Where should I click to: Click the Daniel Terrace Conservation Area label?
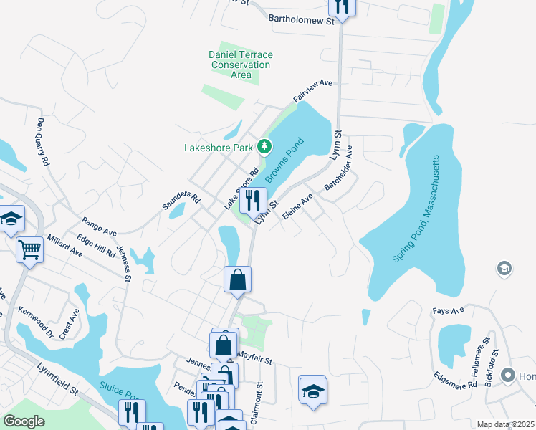pos(241,64)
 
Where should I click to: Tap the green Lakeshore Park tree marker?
pos(265,147)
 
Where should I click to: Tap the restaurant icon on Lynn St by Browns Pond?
pos(252,200)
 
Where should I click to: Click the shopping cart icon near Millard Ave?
pos(30,249)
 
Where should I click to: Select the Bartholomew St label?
pos(301,21)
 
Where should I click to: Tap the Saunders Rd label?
pos(180,199)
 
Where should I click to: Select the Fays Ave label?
pos(449,311)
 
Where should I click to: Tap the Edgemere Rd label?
pos(455,380)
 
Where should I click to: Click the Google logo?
pos(24,422)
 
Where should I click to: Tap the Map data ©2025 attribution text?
pos(505,424)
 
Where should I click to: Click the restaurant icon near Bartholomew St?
pos(341,6)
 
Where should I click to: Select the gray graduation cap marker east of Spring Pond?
pos(504,269)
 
